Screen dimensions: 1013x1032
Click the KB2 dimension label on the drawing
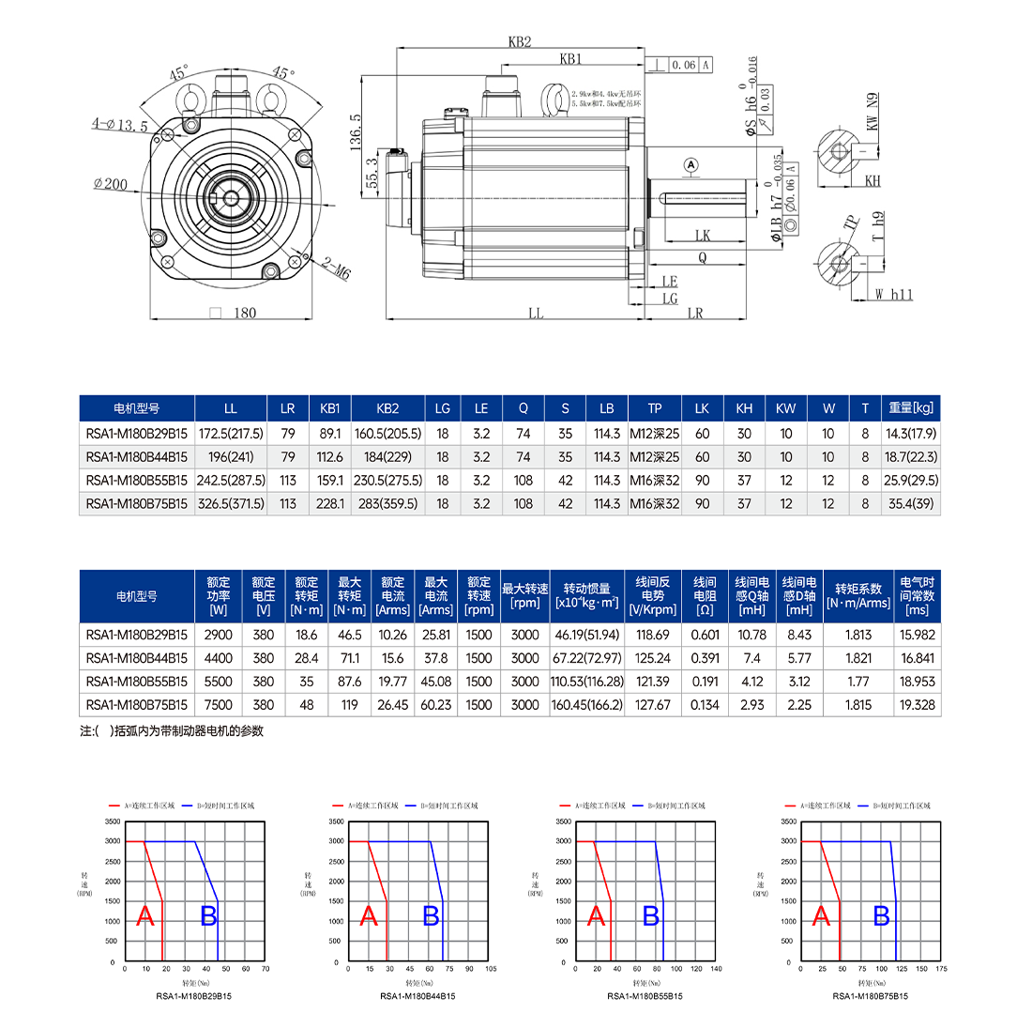coord(520,42)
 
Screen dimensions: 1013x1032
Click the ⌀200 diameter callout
coord(111,184)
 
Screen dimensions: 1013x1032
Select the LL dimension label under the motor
coord(536,314)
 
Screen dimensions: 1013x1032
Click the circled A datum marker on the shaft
coord(692,164)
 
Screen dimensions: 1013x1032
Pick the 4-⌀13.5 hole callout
coord(119,124)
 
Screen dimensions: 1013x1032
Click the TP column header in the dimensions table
coord(654,408)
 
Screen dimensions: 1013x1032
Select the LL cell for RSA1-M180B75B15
coord(231,504)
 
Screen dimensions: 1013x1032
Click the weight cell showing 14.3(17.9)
coord(911,433)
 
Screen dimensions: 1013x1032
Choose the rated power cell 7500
coord(220,705)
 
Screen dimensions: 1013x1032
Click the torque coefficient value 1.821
coord(858,658)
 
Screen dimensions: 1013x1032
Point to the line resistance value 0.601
coord(705,635)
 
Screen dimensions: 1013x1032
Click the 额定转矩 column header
coord(307,595)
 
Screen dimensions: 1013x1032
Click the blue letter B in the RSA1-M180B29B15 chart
coord(209,916)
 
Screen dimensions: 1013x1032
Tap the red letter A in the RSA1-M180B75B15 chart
coord(823,916)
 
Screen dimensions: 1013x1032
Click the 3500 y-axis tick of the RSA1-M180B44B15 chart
coord(335,821)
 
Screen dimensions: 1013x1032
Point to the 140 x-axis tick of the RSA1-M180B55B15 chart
coord(717,968)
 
